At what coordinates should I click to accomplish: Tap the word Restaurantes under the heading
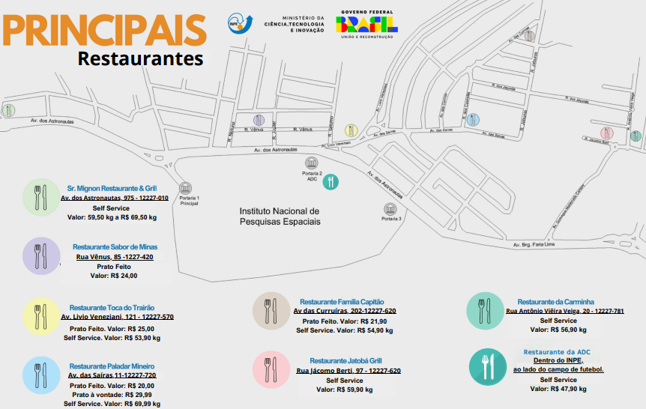pos(140,58)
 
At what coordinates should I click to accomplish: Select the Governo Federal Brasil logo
pos(366,23)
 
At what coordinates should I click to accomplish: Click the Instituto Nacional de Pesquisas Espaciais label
pos(280,216)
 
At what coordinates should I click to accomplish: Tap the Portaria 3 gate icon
pos(390,209)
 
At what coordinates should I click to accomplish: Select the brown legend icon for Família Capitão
pos(271,310)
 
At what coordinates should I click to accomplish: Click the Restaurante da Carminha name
pos(555,302)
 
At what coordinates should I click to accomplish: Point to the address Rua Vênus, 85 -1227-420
pos(115,257)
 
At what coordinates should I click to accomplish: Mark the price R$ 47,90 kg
pos(569,389)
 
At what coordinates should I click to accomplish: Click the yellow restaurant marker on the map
pos(351,130)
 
